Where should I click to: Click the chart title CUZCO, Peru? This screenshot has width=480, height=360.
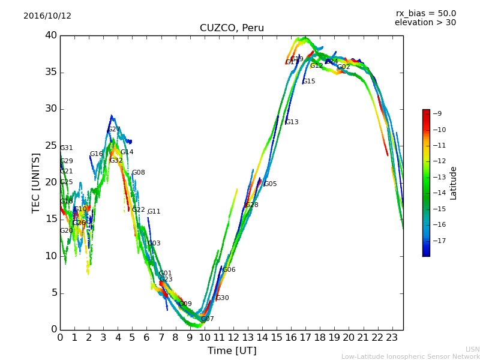[232, 28]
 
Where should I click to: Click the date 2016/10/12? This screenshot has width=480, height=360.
[47, 16]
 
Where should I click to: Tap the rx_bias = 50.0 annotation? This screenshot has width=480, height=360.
[425, 14]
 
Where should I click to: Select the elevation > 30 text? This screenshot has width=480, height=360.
[425, 23]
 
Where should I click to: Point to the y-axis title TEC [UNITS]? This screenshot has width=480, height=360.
[36, 182]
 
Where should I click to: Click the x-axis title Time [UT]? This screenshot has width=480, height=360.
[232, 351]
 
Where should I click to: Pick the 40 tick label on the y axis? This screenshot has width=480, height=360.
[50, 35]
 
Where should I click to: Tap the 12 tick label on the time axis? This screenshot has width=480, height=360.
[233, 337]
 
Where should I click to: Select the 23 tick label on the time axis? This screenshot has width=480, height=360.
[392, 337]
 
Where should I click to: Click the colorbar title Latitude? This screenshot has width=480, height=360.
[454, 183]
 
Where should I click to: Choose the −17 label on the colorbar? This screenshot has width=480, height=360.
[439, 241]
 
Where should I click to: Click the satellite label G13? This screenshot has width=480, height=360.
[292, 122]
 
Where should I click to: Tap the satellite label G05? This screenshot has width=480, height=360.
[270, 184]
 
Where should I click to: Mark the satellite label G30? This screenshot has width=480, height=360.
[222, 298]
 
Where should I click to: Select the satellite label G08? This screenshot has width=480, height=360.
[138, 173]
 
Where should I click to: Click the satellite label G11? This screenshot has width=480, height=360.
[154, 212]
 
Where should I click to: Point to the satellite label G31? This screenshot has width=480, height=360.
[66, 148]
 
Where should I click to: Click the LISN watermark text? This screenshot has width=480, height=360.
[472, 349]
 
